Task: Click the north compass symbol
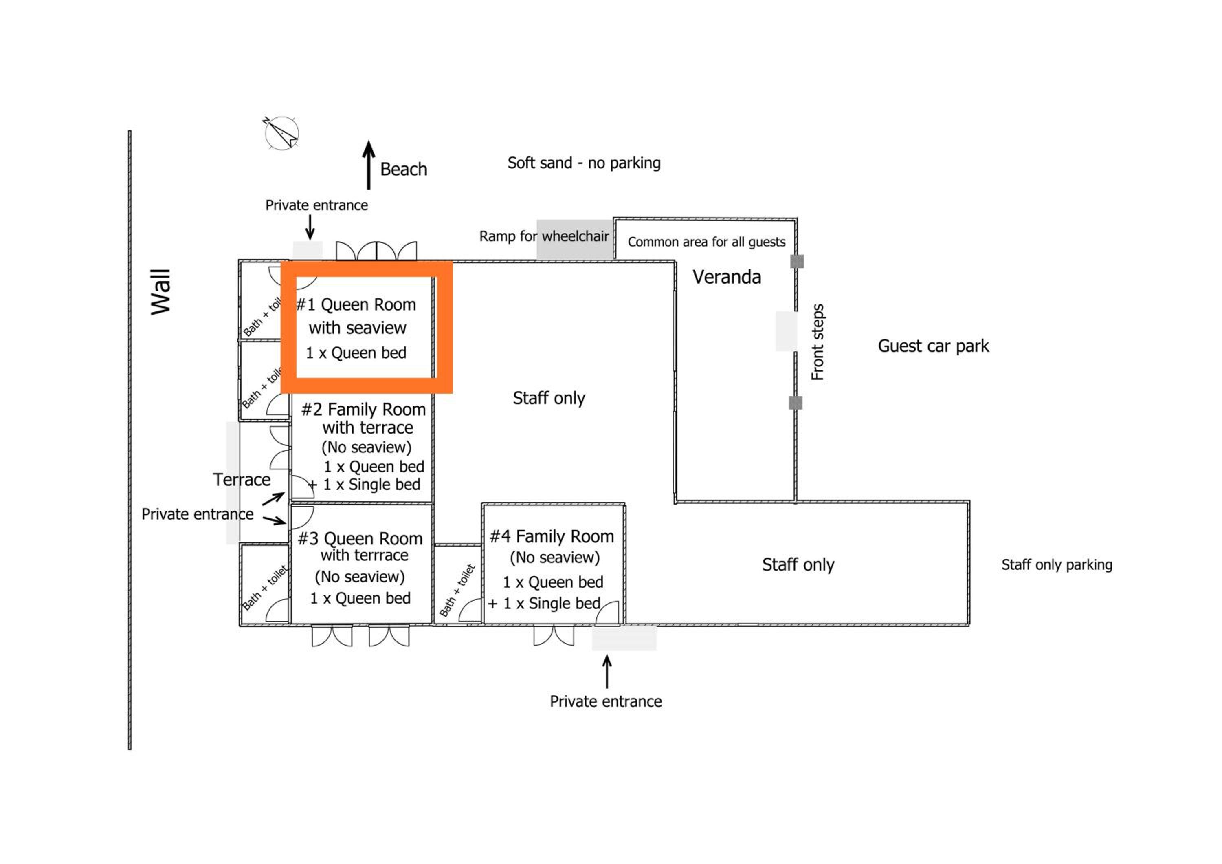(x=281, y=132)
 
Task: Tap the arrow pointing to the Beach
(x=368, y=165)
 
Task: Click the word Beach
(x=403, y=169)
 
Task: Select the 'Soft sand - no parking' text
(x=584, y=163)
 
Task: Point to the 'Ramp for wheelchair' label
(x=544, y=236)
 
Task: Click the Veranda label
(x=727, y=277)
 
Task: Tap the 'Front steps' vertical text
(x=818, y=342)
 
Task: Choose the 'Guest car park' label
(x=933, y=346)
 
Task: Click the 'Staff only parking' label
(x=1057, y=564)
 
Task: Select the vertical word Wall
(x=160, y=292)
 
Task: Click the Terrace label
(x=242, y=480)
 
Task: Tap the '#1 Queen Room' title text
(x=356, y=304)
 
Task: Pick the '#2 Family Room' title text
(x=363, y=409)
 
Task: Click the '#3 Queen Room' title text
(x=360, y=539)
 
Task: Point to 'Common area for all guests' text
(x=706, y=242)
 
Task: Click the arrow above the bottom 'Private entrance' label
(x=607, y=671)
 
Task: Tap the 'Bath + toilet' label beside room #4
(x=457, y=591)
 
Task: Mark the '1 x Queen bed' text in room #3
(x=360, y=598)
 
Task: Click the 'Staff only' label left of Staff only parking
(x=798, y=564)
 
